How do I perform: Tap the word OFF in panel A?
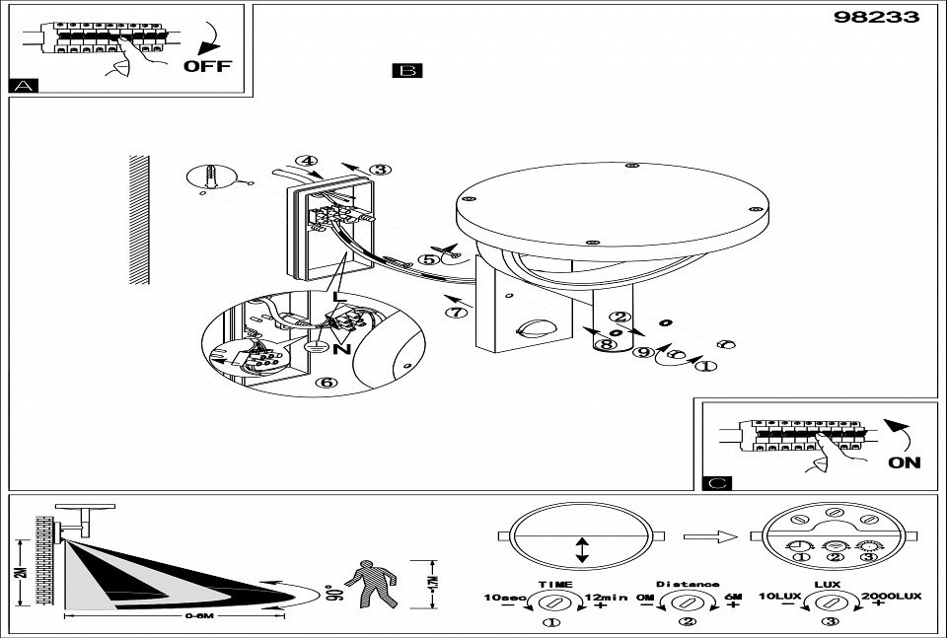click(x=207, y=66)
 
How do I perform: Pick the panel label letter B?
click(x=406, y=71)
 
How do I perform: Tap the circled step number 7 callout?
click(x=455, y=314)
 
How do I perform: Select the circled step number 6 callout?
click(x=325, y=383)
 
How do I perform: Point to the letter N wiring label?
click(x=346, y=349)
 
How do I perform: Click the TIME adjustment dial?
click(x=554, y=602)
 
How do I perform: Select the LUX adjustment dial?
click(x=831, y=602)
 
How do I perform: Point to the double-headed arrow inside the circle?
click(x=582, y=549)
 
